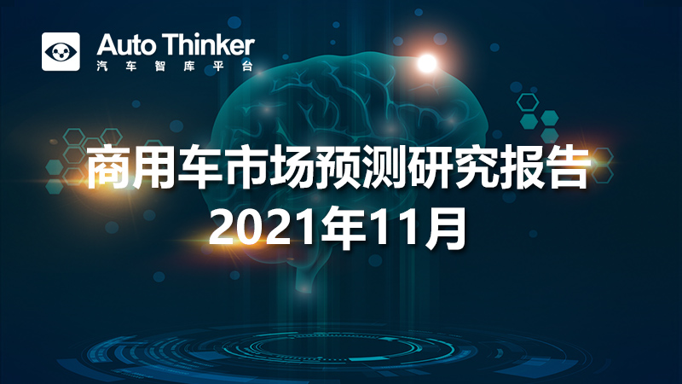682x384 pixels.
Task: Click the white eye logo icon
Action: [x=61, y=51]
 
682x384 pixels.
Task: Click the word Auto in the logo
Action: [x=126, y=45]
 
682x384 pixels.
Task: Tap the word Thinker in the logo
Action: [x=209, y=45]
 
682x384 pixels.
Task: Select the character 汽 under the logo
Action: [x=102, y=67]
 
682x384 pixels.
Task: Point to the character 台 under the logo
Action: [x=247, y=67]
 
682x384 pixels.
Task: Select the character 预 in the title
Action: [x=338, y=167]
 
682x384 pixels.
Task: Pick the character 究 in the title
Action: [x=476, y=167]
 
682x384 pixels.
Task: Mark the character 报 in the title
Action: [x=522, y=167]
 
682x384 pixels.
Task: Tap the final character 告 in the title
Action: [x=568, y=167]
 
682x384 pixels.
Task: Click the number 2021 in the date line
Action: [x=264, y=228]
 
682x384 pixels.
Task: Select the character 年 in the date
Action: [x=344, y=228]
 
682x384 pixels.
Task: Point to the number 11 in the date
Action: [x=396, y=228]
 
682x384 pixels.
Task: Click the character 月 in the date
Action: [x=445, y=228]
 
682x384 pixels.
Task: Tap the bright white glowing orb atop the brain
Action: [x=427, y=63]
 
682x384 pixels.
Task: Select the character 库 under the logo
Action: [x=189, y=67]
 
